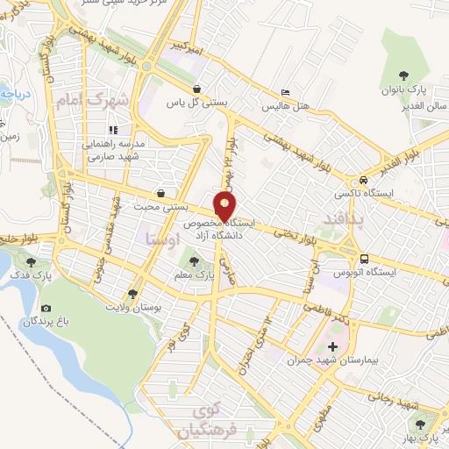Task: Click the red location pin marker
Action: [224, 207]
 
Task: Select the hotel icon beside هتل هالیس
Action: [286, 92]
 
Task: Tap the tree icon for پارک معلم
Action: [195, 260]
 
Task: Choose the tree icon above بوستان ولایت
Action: [133, 293]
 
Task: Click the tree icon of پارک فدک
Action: [32, 261]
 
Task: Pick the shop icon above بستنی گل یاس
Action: [198, 89]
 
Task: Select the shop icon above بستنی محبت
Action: [160, 193]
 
